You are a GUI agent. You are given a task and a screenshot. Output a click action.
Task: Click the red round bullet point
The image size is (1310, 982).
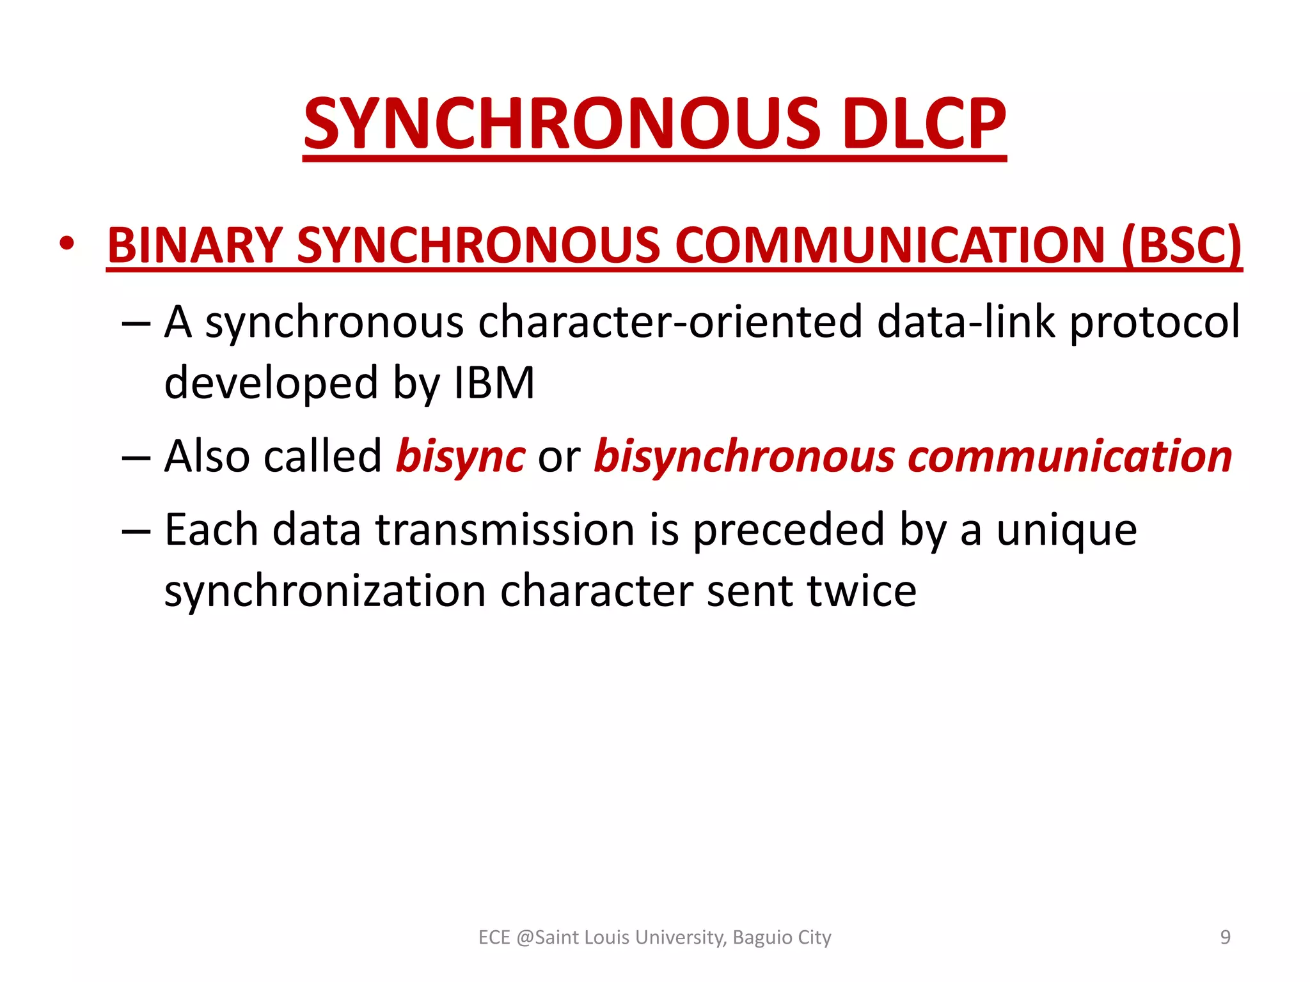point(67,244)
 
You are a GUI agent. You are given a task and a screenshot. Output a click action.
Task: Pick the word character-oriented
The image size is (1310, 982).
point(670,322)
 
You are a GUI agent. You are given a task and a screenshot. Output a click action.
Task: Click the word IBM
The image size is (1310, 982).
point(494,383)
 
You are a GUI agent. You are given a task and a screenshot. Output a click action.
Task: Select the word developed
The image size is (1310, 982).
point(271,384)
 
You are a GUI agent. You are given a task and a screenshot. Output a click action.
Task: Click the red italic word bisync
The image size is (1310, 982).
point(461,458)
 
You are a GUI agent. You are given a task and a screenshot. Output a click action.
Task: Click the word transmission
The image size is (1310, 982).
point(505,530)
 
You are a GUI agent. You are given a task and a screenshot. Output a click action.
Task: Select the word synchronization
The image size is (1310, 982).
point(325,591)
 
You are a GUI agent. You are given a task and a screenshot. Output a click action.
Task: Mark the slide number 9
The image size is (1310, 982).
point(1225,937)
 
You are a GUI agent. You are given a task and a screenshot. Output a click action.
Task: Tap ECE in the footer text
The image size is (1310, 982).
point(494,937)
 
